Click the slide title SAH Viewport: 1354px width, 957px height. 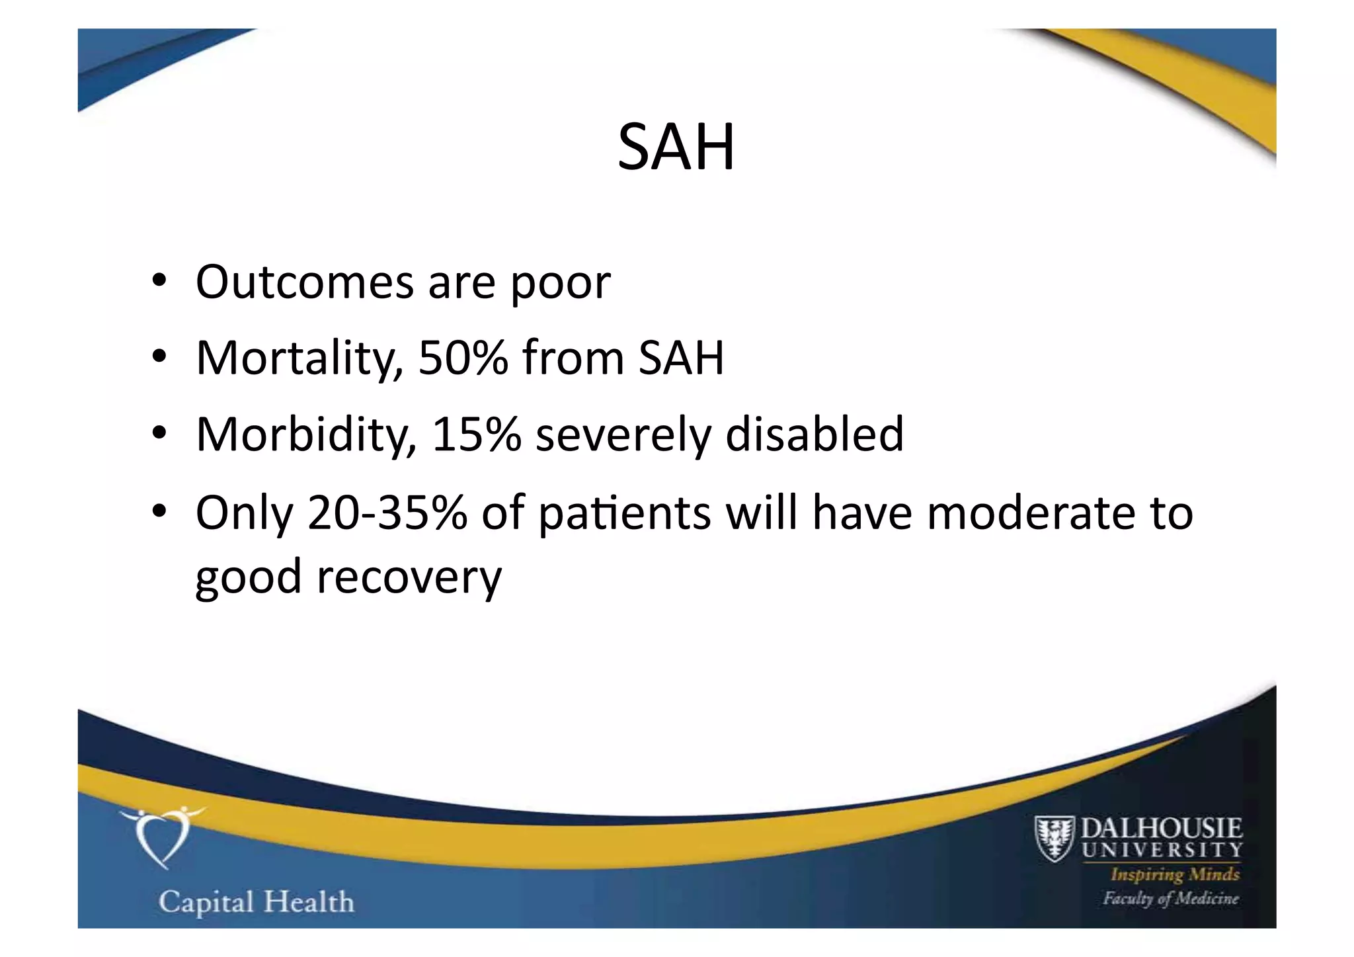tap(676, 147)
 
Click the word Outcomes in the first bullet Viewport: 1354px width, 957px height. tap(304, 282)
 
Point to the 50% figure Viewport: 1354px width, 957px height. tap(463, 358)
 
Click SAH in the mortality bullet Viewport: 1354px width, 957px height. tap(681, 358)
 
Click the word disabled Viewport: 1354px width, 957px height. tap(814, 435)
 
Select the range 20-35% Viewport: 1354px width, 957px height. tap(387, 513)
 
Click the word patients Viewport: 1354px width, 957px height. tap(624, 514)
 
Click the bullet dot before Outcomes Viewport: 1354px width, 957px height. tap(159, 282)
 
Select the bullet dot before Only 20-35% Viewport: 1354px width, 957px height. tap(159, 513)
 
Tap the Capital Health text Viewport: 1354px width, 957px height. tap(256, 902)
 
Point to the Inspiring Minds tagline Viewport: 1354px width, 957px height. tap(1175, 874)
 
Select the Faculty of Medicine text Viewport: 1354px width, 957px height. tap(1170, 898)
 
